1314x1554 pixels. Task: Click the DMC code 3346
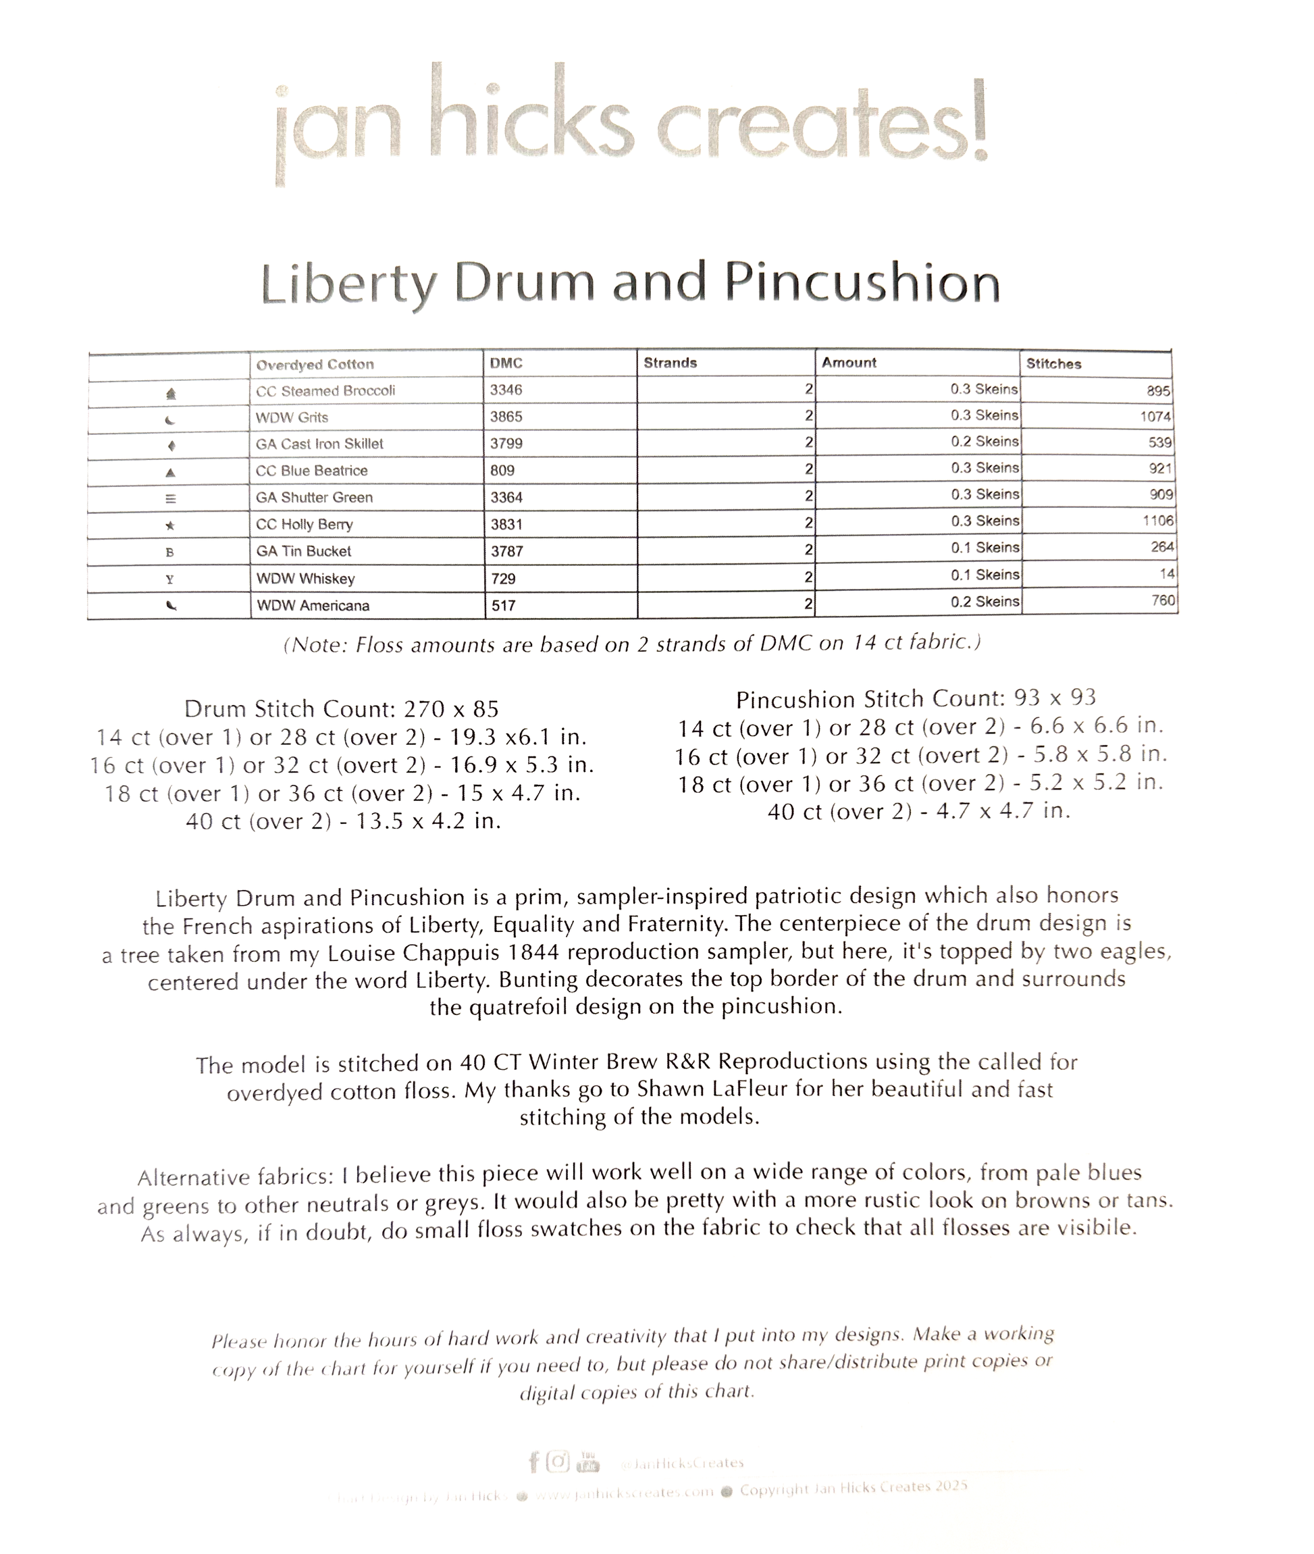tap(506, 390)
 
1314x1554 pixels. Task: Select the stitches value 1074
tap(1155, 417)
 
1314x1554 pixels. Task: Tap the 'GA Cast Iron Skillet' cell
tap(319, 444)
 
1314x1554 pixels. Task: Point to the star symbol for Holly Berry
tap(170, 526)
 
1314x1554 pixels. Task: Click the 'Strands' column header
tap(670, 363)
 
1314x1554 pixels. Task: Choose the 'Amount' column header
tap(849, 363)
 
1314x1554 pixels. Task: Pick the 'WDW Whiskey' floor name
tap(305, 579)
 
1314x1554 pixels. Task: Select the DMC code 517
tap(504, 606)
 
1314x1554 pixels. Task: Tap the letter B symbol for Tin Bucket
tap(170, 552)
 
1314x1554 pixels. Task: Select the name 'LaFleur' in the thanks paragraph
tap(750, 1090)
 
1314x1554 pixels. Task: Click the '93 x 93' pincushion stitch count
tap(1055, 698)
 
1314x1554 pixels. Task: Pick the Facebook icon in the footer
tap(533, 1462)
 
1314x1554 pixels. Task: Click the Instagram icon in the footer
tap(558, 1461)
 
